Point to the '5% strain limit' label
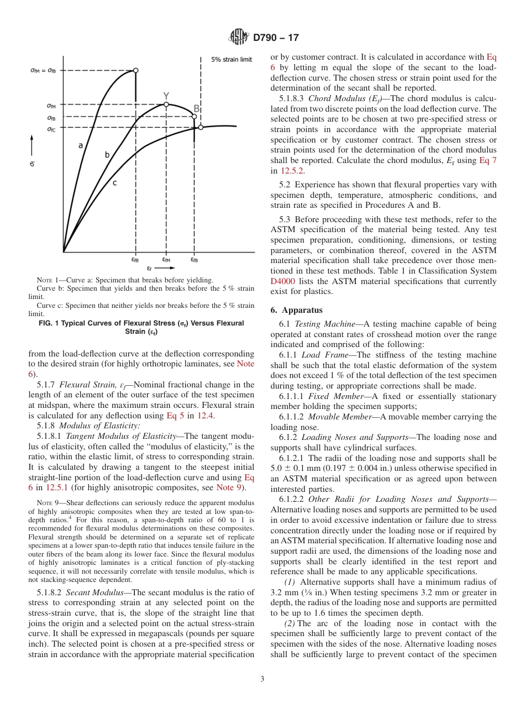(x=232, y=60)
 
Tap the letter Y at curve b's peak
(x=166, y=96)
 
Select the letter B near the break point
(x=196, y=109)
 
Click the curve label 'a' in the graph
(x=81, y=145)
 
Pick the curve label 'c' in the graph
(x=114, y=182)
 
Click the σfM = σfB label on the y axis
(x=43, y=70)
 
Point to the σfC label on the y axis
(x=51, y=129)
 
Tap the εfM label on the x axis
(x=166, y=259)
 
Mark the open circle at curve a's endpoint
(x=135, y=70)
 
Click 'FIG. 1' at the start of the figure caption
(x=50, y=323)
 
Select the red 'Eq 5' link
(x=174, y=416)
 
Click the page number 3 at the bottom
(x=262, y=679)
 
